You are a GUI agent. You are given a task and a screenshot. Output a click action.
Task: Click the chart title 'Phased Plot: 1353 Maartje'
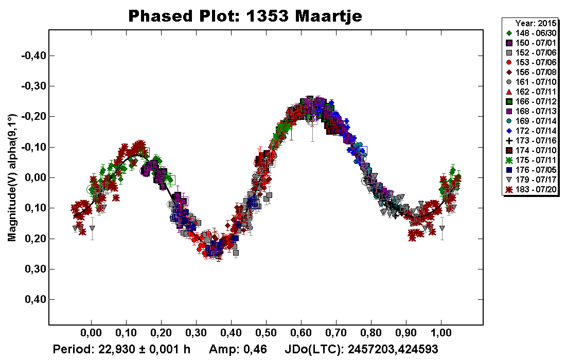[x=245, y=16]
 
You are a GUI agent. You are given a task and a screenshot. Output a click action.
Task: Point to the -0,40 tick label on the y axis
[x=33, y=56]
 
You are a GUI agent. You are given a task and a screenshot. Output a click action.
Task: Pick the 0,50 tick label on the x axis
[x=266, y=333]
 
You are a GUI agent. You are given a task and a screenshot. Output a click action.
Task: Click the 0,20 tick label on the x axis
[x=161, y=333]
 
